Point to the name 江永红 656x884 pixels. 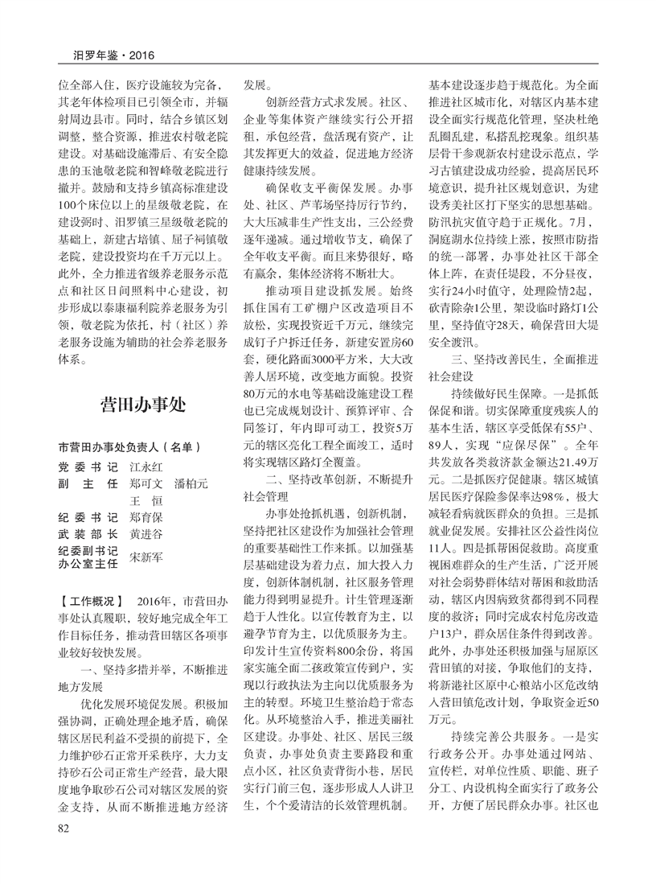[146, 467]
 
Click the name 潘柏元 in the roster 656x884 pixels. [191, 484]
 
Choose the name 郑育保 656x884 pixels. [146, 520]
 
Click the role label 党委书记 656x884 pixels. [88, 467]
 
